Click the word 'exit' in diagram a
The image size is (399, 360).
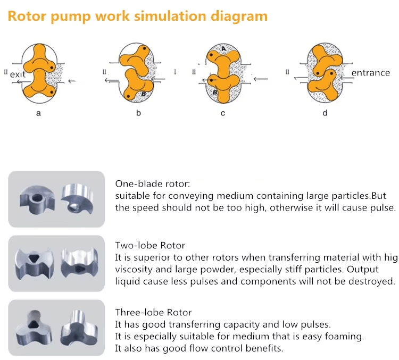click(x=18, y=74)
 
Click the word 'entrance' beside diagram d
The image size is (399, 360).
click(x=371, y=73)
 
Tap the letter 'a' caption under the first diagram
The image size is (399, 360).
click(x=38, y=113)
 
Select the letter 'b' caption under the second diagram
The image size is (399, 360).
click(x=138, y=113)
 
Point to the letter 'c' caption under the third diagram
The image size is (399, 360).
click(x=222, y=113)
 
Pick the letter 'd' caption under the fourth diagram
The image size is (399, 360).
click(x=325, y=113)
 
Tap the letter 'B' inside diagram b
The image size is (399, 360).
click(x=143, y=94)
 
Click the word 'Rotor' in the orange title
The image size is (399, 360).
click(x=27, y=16)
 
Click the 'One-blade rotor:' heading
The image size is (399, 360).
click(x=152, y=184)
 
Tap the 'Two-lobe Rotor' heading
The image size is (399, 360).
click(x=150, y=246)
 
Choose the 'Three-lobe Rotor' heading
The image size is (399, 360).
click(x=153, y=312)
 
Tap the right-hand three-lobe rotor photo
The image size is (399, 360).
click(x=78, y=326)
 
